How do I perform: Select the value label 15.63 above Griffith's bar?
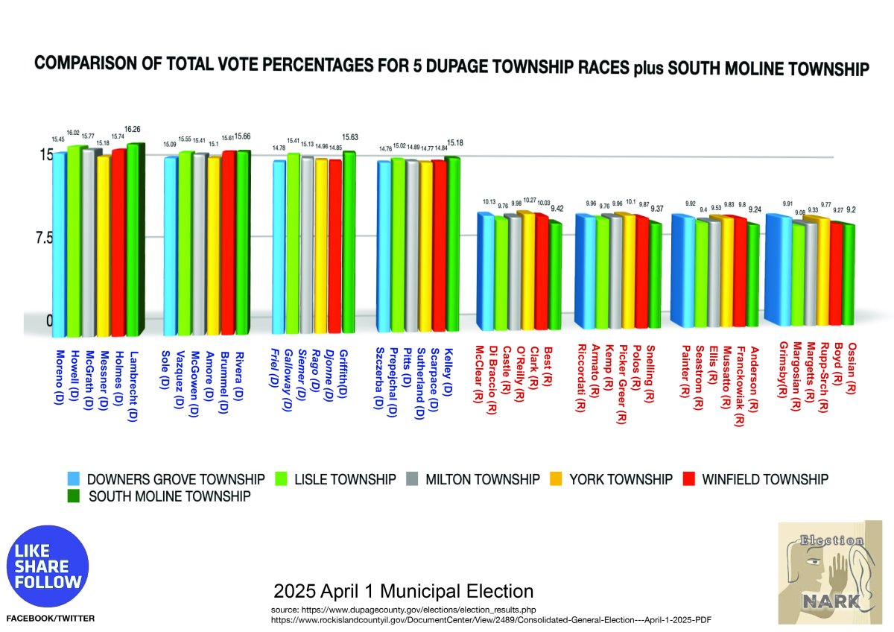pos(349,138)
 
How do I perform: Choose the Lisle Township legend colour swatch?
pos(282,479)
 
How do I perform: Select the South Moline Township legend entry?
pos(168,496)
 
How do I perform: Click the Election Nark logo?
pos(831,572)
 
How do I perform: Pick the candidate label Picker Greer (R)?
pos(621,383)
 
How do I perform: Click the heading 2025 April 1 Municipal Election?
pos(404,592)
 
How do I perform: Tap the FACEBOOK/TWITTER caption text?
pos(51,619)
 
